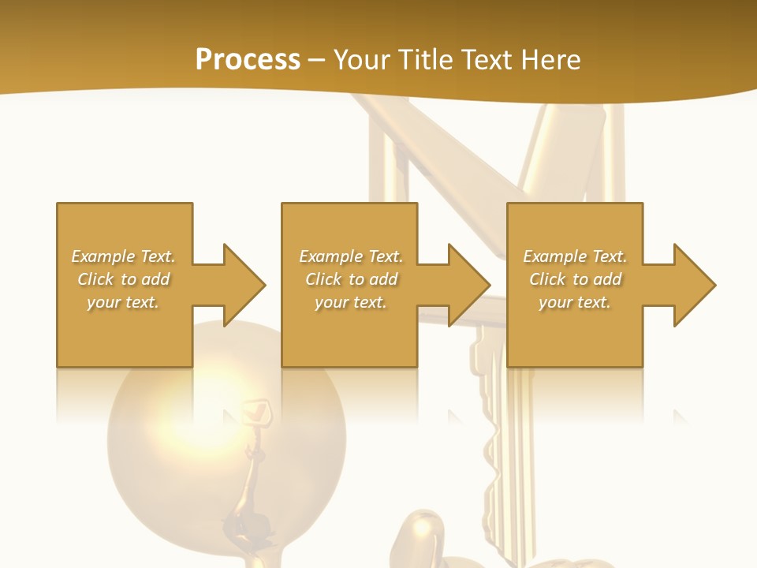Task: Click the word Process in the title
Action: (x=248, y=60)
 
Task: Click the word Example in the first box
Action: (x=103, y=256)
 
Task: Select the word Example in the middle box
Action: (x=330, y=256)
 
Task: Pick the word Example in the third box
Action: (x=554, y=256)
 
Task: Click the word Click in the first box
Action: (x=95, y=279)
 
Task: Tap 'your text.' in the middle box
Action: (x=350, y=302)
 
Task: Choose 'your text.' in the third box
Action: (x=574, y=302)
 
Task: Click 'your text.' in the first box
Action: (x=122, y=302)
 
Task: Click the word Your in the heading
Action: (x=362, y=60)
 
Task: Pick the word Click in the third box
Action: (x=547, y=279)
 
